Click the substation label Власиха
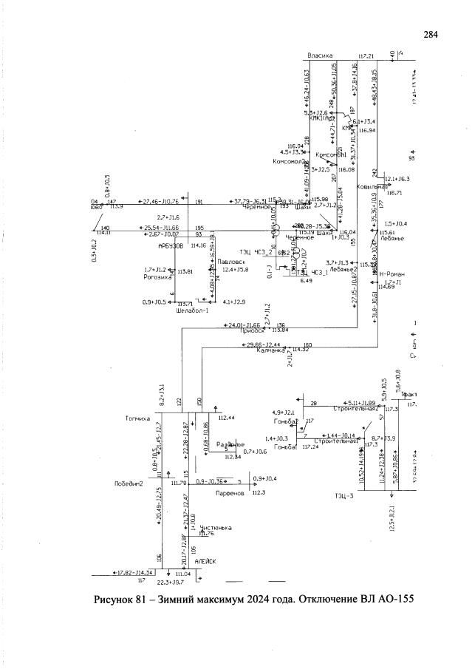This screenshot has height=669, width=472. tap(322, 55)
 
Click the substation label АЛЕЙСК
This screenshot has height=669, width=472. tap(205, 561)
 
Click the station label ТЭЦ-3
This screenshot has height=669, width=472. tap(344, 495)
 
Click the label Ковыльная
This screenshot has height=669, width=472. tap(372, 187)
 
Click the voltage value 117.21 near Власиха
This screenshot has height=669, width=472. tap(366, 56)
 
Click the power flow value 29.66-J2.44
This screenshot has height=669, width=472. tap(263, 344)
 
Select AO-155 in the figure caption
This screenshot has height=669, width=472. tap(387, 600)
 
